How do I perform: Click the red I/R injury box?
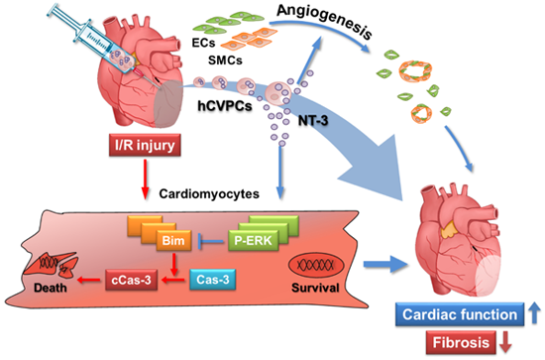pos(145,145)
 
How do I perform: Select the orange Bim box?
pos(173,240)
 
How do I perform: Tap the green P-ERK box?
pos(253,240)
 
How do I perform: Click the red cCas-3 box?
pos(132,280)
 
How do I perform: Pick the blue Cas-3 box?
pos(213,280)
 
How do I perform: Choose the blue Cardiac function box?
pos(460,314)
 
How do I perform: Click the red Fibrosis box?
pos(461,342)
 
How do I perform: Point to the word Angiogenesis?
pos(325,21)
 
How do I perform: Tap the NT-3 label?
pos(313,121)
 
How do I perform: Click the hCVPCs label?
pos(225,106)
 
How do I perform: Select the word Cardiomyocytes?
pos(209,193)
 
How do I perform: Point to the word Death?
pos(51,288)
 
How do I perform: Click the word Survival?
pos(315,288)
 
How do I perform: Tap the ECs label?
pos(204,43)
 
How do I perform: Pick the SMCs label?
pos(225,60)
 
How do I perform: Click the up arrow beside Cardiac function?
pos(535,313)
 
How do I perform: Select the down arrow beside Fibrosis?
pos(505,342)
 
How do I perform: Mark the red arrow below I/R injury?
pos(145,180)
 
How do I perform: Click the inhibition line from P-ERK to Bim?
pos(211,241)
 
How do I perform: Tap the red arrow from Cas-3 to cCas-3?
pos(173,280)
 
